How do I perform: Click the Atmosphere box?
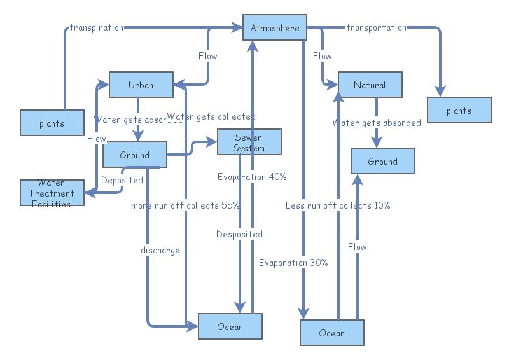coord(274,28)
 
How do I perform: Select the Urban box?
coord(141,85)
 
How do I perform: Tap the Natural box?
coord(370,85)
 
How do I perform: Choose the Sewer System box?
coord(249,142)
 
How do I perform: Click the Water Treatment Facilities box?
coord(52,193)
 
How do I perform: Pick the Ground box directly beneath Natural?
coord(382,161)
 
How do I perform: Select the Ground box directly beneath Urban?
coord(134,155)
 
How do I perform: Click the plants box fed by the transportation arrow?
coord(459,110)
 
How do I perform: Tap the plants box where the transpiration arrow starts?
coord(52,123)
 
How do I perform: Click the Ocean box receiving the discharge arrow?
coord(230,326)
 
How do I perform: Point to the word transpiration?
coord(97,27)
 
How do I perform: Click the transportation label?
coord(376,27)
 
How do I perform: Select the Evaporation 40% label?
coord(252,177)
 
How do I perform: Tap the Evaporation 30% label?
coord(293,263)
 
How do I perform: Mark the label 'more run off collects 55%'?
coord(185,205)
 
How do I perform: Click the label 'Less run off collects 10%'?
coord(338,205)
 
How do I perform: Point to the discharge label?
coord(160,250)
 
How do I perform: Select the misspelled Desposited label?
coord(239,234)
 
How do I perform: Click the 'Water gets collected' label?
coord(212,116)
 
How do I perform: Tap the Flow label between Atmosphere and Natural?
coord(322,56)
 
